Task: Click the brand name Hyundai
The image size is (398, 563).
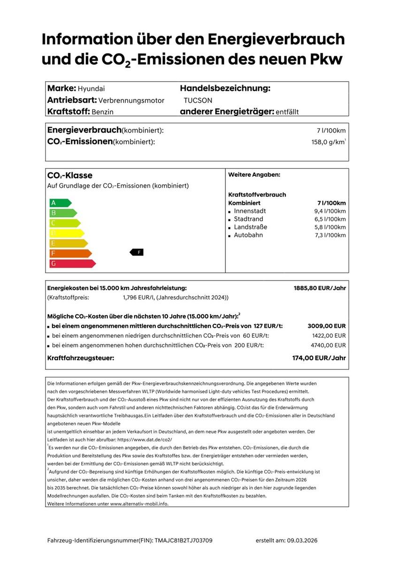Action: pos(91,89)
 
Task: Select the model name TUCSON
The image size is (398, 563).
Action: pos(198,100)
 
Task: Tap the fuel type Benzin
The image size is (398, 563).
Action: pos(102,112)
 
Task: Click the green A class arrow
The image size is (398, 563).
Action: pos(60,203)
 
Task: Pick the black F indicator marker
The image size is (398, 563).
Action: pos(137,252)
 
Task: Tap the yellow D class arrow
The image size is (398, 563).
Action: pos(66,233)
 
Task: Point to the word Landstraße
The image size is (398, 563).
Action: pos(251,227)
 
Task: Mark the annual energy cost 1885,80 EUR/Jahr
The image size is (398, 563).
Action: pos(320,288)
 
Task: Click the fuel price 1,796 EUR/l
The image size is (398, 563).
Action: pos(139,297)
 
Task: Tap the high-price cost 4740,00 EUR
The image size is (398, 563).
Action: pos(329,345)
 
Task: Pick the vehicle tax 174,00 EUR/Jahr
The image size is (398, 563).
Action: pos(319,358)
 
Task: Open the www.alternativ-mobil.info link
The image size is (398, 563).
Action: pos(139,503)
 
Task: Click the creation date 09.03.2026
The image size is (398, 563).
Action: pos(302,541)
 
